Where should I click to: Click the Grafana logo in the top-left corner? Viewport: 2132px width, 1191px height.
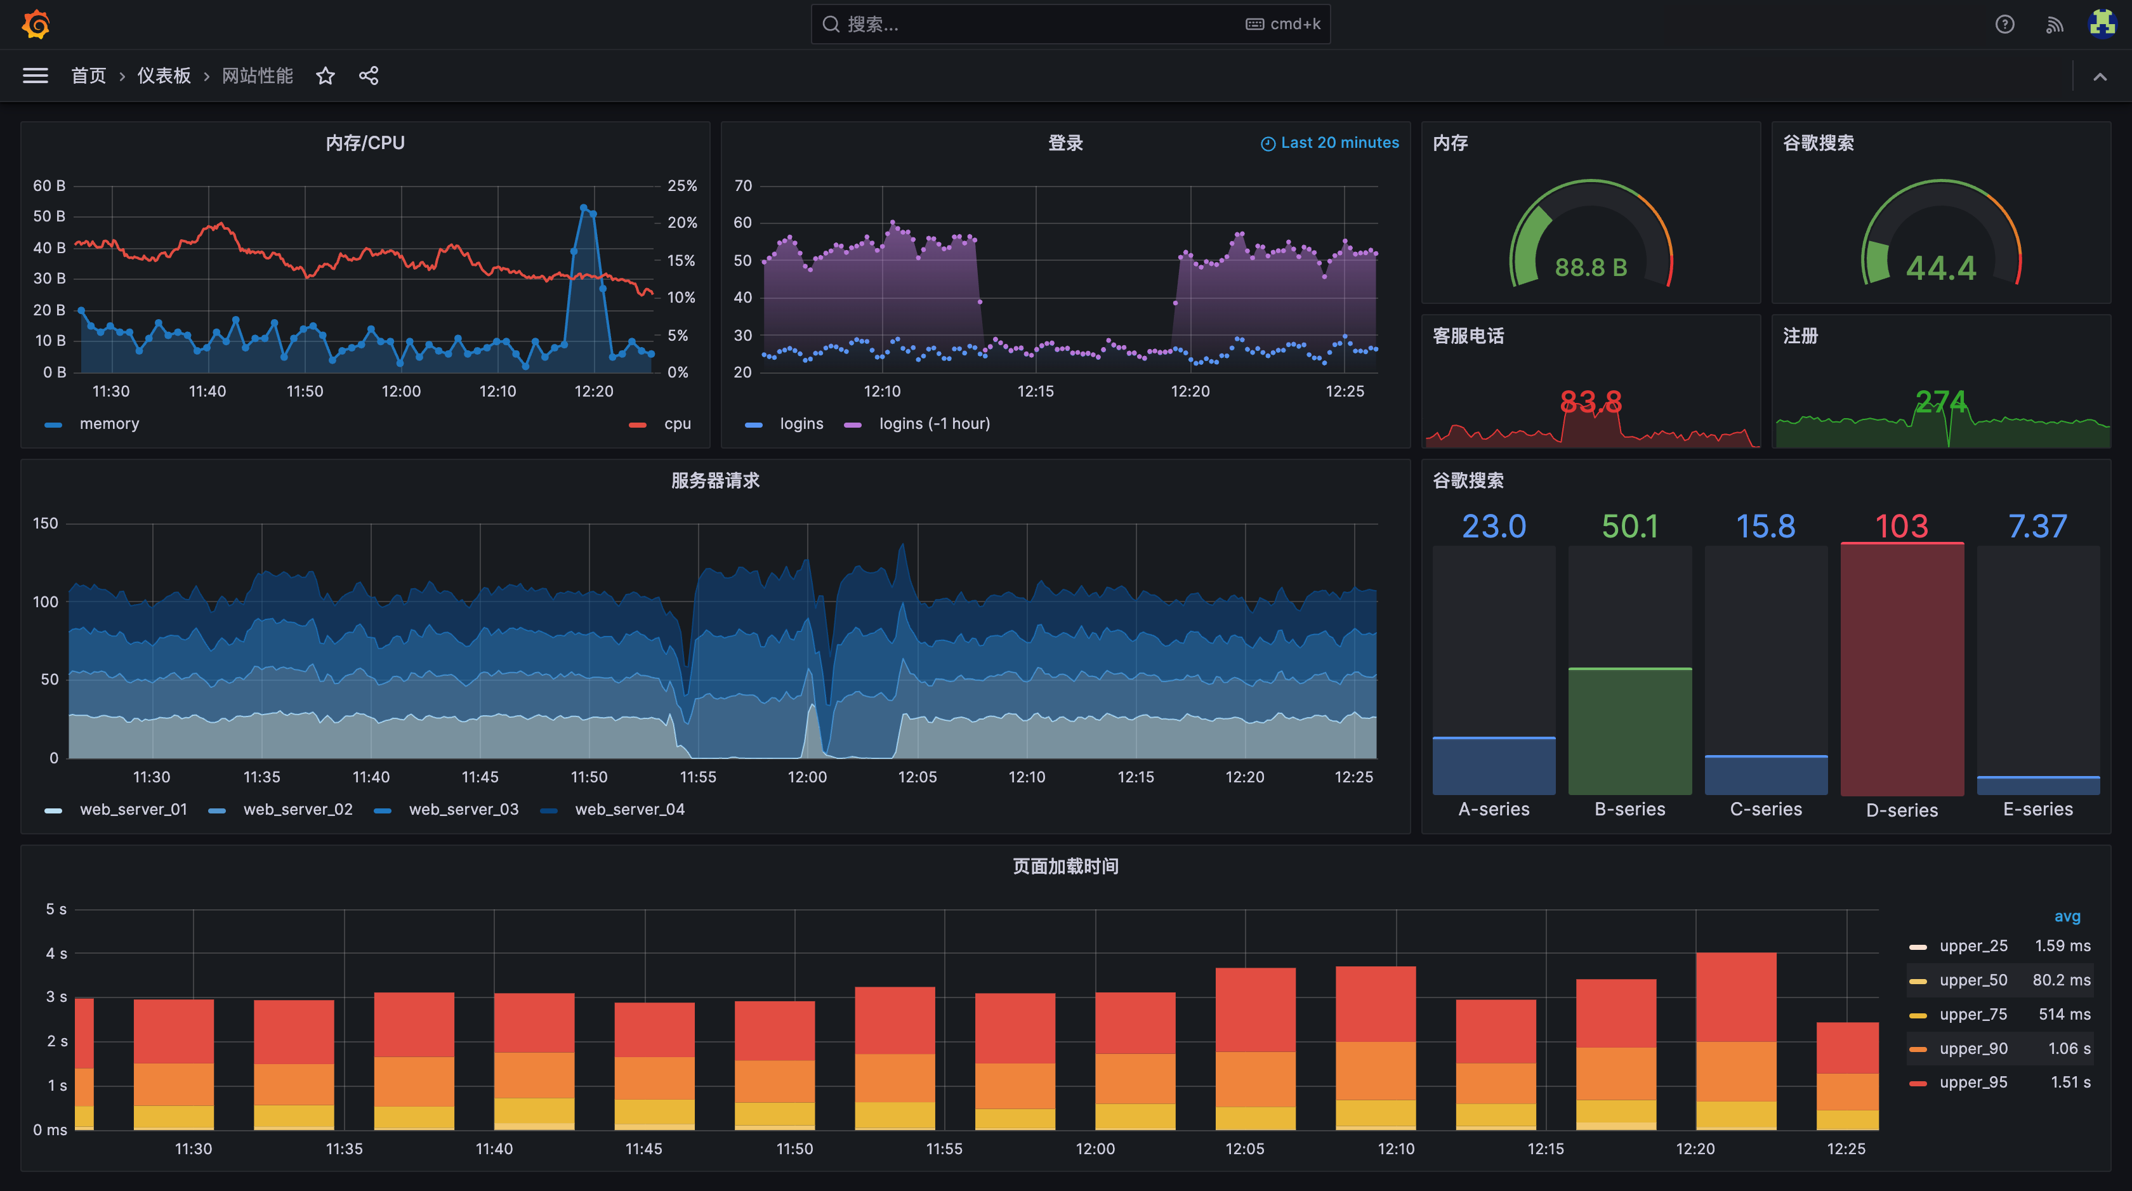click(36, 24)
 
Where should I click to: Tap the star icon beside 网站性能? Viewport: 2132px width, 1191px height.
click(326, 76)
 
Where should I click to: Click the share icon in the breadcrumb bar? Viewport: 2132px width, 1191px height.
click(368, 76)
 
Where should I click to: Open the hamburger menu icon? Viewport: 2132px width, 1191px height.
click(35, 76)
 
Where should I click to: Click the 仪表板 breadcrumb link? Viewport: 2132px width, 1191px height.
click(164, 76)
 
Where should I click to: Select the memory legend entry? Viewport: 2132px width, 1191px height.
click(109, 424)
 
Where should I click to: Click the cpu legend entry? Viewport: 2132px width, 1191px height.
click(676, 424)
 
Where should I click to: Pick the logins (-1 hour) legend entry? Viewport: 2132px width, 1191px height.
click(933, 424)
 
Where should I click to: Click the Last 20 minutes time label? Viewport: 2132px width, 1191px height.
click(1338, 142)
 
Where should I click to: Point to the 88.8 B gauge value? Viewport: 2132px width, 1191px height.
click(1590, 267)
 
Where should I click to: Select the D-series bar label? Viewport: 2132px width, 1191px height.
click(1901, 810)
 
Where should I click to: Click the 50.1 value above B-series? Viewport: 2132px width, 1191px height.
click(1629, 527)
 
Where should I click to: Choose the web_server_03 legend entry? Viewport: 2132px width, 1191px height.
click(463, 810)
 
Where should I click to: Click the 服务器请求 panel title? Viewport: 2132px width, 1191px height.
click(715, 481)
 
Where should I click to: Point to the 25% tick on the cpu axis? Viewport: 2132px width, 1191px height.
click(682, 185)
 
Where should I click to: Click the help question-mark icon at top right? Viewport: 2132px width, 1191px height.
click(2004, 24)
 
